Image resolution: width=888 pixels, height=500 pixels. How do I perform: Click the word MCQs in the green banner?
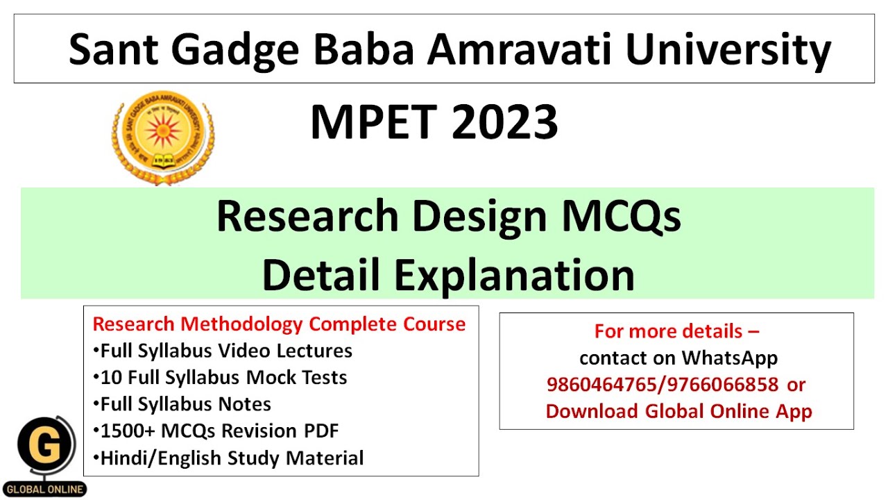pyautogui.click(x=621, y=216)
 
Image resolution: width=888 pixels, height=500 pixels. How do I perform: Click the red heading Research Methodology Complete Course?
pyautogui.click(x=279, y=324)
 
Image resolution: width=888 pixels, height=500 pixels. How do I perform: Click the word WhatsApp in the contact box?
pyautogui.click(x=729, y=358)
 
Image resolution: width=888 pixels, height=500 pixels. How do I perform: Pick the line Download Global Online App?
pyautogui.click(x=678, y=410)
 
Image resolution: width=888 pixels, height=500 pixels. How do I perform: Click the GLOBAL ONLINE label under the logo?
pyautogui.click(x=46, y=489)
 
